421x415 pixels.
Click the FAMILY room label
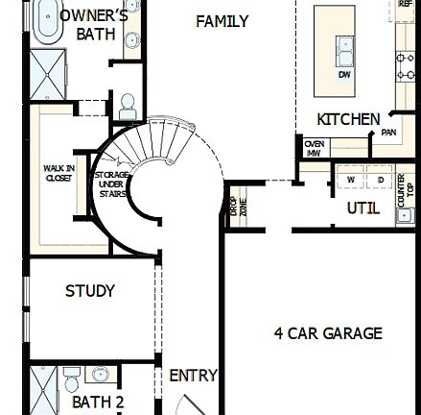(222, 21)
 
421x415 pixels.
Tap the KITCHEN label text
(348, 119)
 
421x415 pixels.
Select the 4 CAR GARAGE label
(327, 333)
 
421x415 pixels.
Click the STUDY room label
(89, 290)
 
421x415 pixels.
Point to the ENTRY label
(193, 377)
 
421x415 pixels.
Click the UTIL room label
(363, 207)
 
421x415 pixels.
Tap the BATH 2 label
(98, 402)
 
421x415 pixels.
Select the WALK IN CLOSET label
(58, 173)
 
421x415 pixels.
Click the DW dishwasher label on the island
(343, 73)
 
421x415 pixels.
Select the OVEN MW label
(314, 147)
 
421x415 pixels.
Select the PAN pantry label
(388, 133)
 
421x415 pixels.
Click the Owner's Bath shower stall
(45, 73)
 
